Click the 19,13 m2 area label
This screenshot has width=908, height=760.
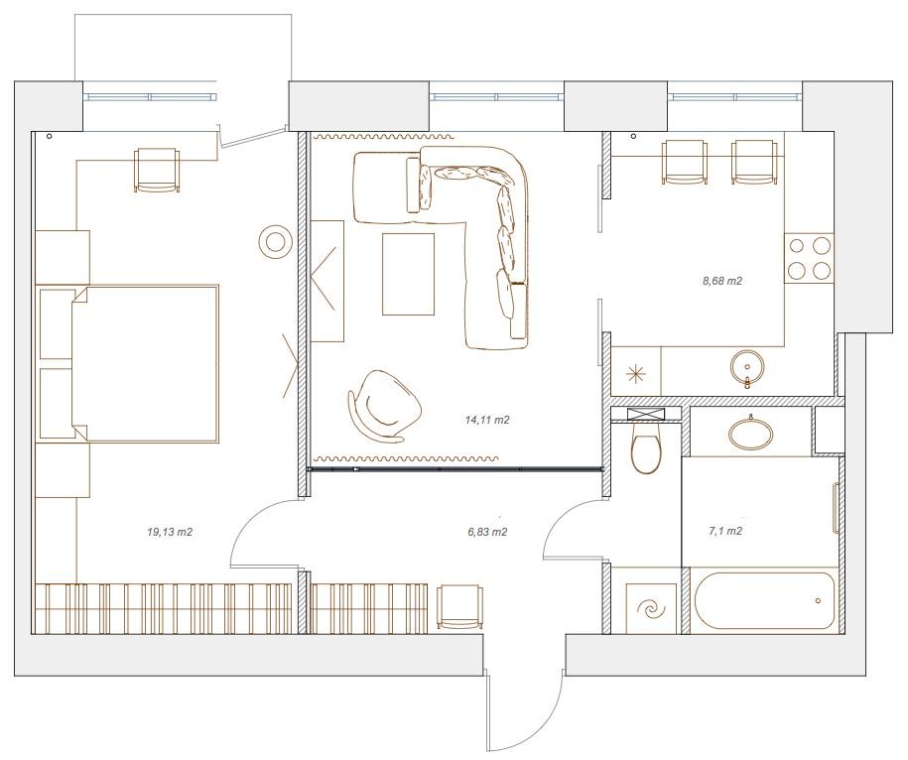[170, 532]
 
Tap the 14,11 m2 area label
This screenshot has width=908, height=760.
[487, 420]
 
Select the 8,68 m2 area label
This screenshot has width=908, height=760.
[722, 281]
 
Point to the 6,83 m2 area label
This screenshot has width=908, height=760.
[487, 532]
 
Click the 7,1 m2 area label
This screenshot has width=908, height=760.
[725, 531]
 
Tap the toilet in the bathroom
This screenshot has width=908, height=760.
[645, 448]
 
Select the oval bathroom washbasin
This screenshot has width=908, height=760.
[751, 434]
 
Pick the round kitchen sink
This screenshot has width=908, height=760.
[747, 367]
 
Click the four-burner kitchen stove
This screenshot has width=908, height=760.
[809, 258]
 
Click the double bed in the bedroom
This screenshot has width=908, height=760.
[144, 363]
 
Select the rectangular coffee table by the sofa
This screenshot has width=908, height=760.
[408, 274]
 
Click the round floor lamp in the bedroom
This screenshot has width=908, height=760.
[275, 241]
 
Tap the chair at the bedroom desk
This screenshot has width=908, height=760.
[157, 170]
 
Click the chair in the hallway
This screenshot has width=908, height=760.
[459, 606]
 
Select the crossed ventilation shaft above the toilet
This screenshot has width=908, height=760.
[646, 415]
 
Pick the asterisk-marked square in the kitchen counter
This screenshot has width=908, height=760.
[636, 374]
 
